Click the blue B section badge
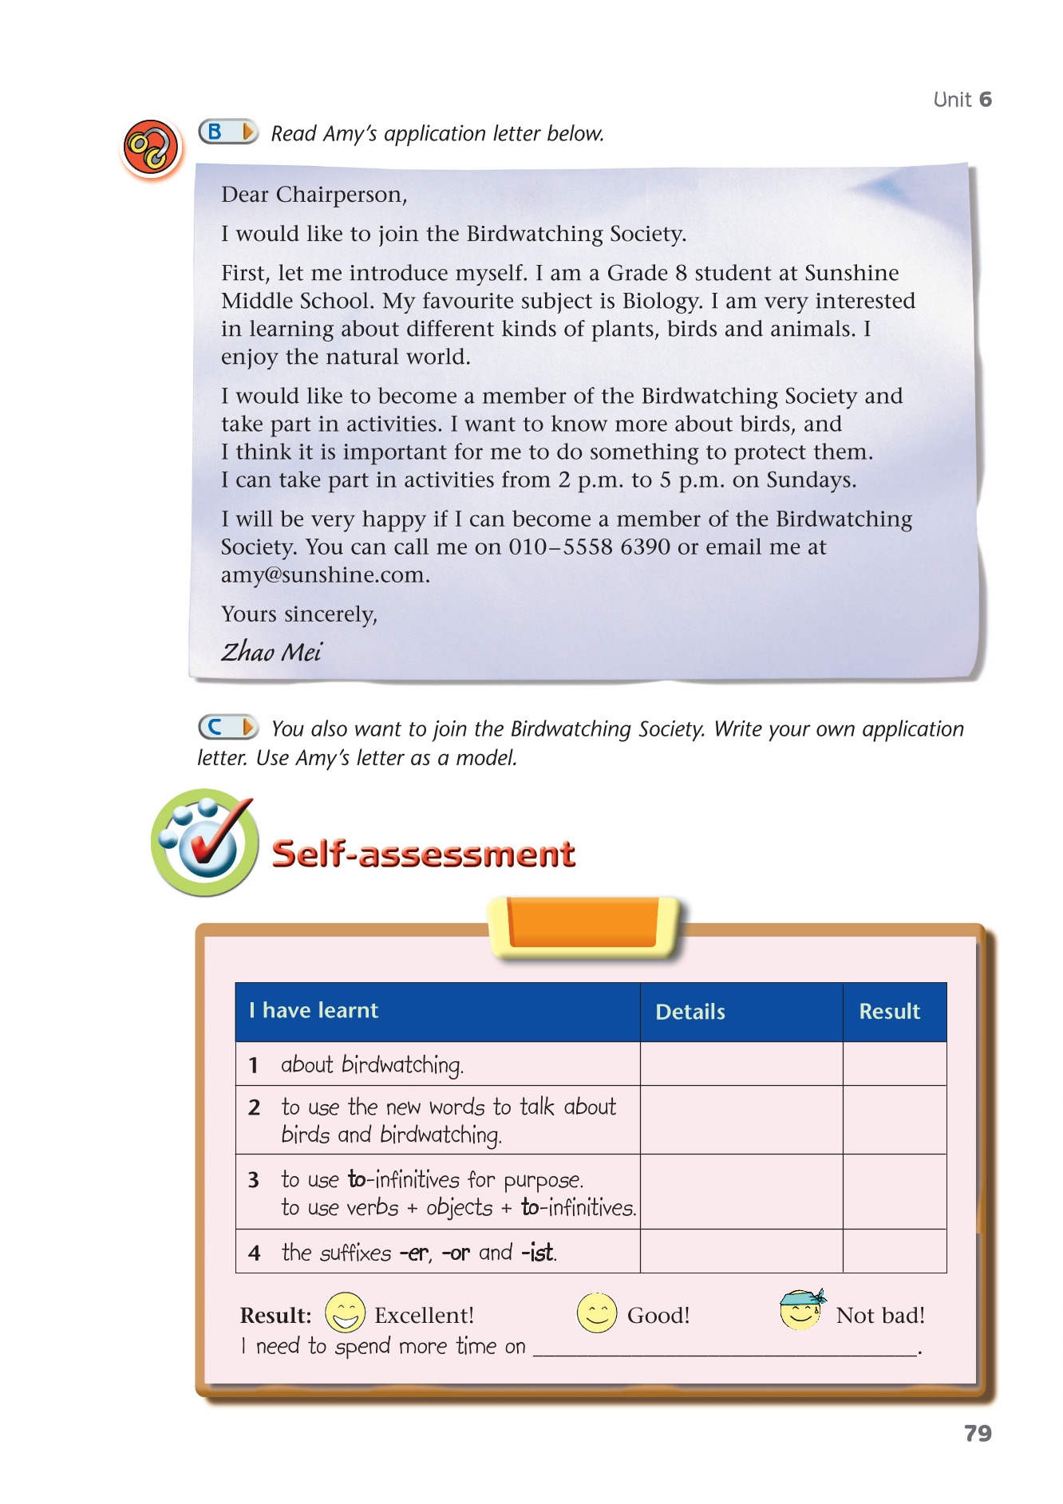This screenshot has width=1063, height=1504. pos(227,132)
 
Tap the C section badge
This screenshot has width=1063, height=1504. pos(227,727)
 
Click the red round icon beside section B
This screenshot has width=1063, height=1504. pos(150,148)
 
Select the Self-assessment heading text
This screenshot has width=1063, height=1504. pos(423,854)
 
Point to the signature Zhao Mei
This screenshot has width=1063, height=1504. pos(271,652)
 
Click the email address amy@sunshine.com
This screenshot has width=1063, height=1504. pos(324,574)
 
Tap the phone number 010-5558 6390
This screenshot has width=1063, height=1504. pos(589,547)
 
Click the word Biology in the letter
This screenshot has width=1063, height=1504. pos(662,301)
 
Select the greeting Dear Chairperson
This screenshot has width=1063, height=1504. pos(314,195)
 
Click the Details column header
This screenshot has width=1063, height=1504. pos(690,1012)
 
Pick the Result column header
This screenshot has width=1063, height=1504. pos(889,1012)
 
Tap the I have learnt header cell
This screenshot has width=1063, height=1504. pos(314,1011)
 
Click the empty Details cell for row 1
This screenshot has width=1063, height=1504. pos(741,1064)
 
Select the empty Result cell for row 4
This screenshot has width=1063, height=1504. pos(894,1251)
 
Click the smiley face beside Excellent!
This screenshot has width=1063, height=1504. pos(345,1313)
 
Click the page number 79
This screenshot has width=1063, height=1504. pos(978,1434)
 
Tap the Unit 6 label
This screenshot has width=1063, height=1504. pos(962,100)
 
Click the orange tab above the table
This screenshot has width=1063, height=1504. pos(584,925)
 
